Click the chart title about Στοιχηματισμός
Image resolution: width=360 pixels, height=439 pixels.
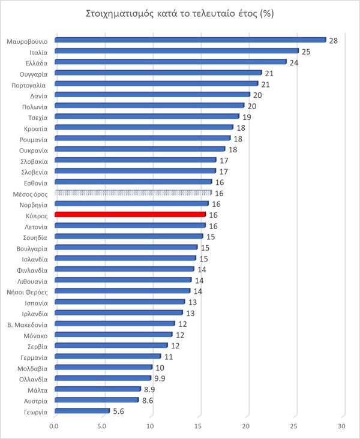[180, 13]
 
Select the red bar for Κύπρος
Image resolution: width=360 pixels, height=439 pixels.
[130, 214]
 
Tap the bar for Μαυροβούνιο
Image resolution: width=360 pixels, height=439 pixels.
[190, 40]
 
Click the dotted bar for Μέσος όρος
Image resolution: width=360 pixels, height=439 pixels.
[133, 193]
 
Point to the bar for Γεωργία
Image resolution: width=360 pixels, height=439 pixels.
[82, 411]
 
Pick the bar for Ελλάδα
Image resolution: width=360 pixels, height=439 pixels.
[170, 62]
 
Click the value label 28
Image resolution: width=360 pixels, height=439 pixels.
[332, 40]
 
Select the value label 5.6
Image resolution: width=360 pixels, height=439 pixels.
[118, 411]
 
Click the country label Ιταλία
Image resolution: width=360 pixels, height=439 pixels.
[38, 52]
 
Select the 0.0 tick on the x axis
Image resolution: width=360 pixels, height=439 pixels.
[55, 426]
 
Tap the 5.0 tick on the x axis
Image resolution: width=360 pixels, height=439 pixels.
[103, 426]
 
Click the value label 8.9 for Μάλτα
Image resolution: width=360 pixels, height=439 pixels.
[149, 389]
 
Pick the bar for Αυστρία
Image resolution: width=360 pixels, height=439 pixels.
[96, 400]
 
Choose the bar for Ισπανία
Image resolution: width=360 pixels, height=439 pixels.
[119, 302]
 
